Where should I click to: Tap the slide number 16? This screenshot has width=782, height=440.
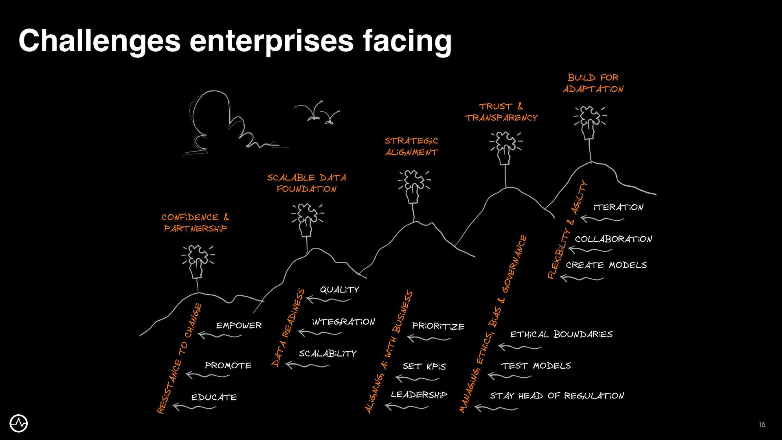(x=762, y=425)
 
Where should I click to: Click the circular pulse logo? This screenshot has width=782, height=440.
(x=19, y=424)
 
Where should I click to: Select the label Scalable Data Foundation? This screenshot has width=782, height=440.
(x=307, y=183)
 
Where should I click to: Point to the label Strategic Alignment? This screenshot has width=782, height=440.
(x=411, y=147)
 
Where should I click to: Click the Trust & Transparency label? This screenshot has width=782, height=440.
(x=501, y=112)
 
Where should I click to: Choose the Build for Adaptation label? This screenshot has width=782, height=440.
(x=593, y=83)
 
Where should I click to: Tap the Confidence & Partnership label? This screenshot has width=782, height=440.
(x=195, y=223)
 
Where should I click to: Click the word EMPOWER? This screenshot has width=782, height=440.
(x=239, y=326)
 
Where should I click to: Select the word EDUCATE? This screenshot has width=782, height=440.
(x=214, y=397)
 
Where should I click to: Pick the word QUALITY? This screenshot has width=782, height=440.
(x=339, y=290)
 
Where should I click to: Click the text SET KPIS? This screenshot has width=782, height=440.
(x=424, y=366)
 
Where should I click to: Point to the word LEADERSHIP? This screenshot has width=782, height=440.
(x=419, y=394)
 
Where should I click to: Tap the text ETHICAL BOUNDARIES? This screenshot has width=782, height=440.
(x=561, y=334)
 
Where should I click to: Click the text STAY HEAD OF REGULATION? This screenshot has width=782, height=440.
(x=557, y=396)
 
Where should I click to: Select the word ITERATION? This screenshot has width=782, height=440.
(x=618, y=207)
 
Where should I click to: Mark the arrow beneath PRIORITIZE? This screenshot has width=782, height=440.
(x=428, y=338)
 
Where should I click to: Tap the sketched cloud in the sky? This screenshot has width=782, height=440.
(x=220, y=122)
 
